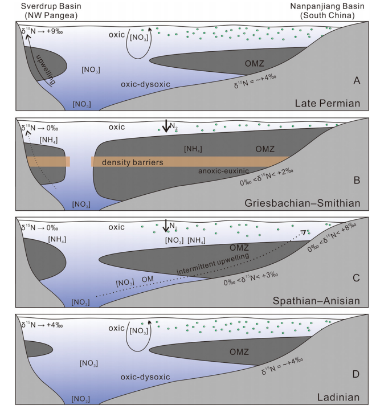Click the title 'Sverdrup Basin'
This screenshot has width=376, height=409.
[x=51, y=6]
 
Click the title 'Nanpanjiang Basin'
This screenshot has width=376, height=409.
[x=327, y=6]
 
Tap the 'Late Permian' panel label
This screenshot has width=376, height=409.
[x=328, y=103]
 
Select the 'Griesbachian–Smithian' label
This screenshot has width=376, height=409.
[x=303, y=203]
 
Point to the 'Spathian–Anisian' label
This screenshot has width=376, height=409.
[x=316, y=301]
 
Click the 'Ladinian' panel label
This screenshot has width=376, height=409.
[x=338, y=397]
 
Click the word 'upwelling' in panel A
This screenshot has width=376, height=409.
[x=46, y=69]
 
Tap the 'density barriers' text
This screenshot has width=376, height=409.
[x=133, y=162]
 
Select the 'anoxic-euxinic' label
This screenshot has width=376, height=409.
[x=223, y=171]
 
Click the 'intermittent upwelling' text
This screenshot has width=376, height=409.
[x=213, y=264]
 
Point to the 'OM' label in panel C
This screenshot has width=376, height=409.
[x=148, y=279]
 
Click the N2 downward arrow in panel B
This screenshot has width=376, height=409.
[x=166, y=126]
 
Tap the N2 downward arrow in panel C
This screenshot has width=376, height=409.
[x=166, y=226]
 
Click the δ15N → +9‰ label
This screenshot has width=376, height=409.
[x=42, y=31]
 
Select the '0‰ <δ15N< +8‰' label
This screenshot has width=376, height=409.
[x=332, y=238]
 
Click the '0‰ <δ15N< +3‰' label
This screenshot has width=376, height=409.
[x=251, y=279]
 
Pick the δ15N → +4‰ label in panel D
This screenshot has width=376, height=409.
[x=42, y=325]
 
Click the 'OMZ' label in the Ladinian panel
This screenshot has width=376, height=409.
[x=239, y=352]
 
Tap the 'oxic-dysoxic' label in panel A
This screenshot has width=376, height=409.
[x=145, y=84]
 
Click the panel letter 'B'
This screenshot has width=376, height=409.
[x=357, y=180]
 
